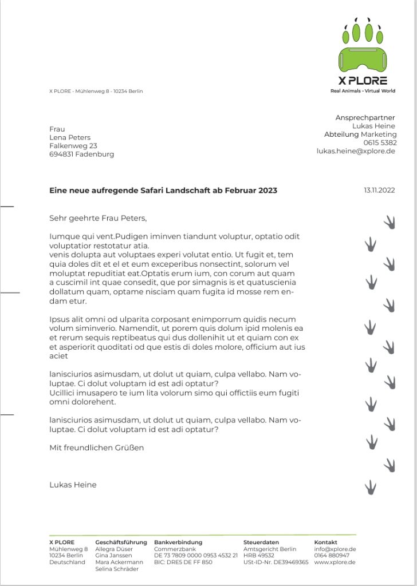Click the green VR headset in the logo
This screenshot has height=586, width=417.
coord(363,59)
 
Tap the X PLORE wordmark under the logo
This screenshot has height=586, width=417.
coord(363,81)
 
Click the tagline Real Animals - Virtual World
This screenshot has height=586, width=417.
coord(363,91)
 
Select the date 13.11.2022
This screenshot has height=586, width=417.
coord(379,190)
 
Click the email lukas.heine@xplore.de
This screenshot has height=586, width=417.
coord(356,151)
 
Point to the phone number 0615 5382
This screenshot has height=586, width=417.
coord(380,142)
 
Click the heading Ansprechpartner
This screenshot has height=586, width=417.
coord(365,117)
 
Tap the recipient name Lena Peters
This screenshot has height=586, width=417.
coord(70,137)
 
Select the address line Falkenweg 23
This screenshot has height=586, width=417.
coord(73,146)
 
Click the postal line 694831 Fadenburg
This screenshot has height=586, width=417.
coord(82,155)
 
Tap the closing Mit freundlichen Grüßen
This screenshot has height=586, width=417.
coord(97,448)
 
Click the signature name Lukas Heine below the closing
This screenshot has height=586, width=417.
coord(73,485)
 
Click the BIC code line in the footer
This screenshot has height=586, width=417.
coord(183,562)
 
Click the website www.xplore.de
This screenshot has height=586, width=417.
coord(335,562)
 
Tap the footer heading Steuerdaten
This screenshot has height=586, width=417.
coord(261,542)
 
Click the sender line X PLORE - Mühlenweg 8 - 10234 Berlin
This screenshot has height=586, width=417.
coord(96,91)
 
